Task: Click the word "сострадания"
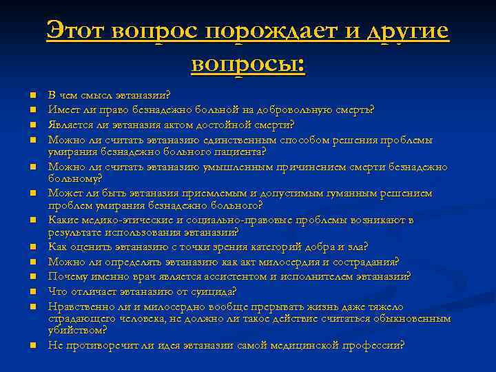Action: [x=364, y=262]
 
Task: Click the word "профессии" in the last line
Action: [x=375, y=345]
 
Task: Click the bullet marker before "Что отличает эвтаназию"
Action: [x=32, y=291]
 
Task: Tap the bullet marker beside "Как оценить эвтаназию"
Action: [x=32, y=247]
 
